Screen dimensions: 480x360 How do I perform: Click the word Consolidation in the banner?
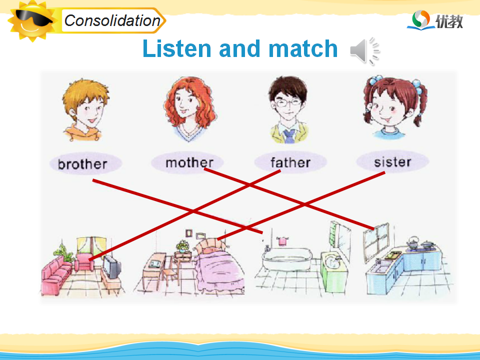112,21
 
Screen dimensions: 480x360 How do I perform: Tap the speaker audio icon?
364,51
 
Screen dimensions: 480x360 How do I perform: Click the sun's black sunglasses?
33,18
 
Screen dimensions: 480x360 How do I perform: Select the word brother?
82,164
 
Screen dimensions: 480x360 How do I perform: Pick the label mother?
189,162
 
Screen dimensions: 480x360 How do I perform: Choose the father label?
290,162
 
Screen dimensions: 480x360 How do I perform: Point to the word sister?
392,162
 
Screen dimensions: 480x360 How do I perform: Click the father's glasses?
287,102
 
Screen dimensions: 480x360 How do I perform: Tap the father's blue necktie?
289,136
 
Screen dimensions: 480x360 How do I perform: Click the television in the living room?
111,267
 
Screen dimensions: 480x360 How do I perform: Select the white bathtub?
287,259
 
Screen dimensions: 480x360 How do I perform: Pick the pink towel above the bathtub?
282,241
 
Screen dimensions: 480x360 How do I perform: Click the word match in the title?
303,48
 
